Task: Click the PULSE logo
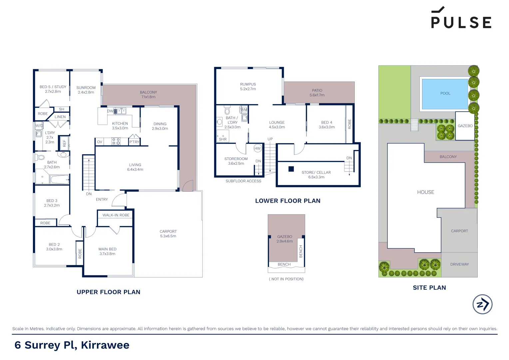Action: coord(461,18)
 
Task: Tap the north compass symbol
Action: coord(482,304)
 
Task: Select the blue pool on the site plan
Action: coord(445,94)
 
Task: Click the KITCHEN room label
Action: coord(120,124)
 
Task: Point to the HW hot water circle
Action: coord(257,149)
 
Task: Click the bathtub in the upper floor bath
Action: coord(60,180)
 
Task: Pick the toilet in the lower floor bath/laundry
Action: coord(227,110)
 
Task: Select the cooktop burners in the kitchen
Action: coord(116,141)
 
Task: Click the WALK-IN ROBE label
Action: coord(116,215)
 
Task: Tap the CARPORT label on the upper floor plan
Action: coord(168,231)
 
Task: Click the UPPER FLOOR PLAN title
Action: coord(108,292)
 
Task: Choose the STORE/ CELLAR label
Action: coord(316,173)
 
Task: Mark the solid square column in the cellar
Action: coord(291,169)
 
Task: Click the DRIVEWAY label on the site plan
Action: coord(459,264)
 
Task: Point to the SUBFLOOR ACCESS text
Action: coord(243,181)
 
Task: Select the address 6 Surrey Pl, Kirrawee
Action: coord(72,345)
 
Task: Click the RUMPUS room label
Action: coord(248,84)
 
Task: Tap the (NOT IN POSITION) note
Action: coord(286,279)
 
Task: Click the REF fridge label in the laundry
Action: coord(64,143)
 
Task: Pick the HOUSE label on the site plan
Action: coord(425,192)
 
